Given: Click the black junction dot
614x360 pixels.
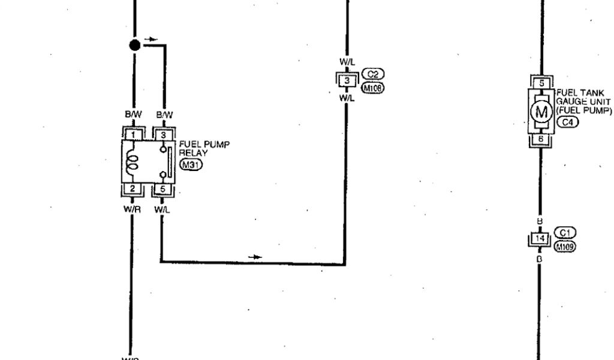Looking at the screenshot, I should pyautogui.click(x=135, y=44).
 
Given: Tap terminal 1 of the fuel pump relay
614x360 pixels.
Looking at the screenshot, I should pyautogui.click(x=134, y=135).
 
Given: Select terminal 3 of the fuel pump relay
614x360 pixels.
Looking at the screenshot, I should pyautogui.click(x=162, y=135).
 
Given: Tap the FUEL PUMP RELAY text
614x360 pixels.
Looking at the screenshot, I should pyautogui.click(x=204, y=148).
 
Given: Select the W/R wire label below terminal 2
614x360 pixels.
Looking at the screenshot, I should pyautogui.click(x=131, y=209).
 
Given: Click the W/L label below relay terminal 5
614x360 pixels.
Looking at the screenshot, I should pyautogui.click(x=161, y=209).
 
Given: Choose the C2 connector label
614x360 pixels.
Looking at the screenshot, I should pyautogui.click(x=373, y=74).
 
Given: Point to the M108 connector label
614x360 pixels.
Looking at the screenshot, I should pyautogui.click(x=373, y=88).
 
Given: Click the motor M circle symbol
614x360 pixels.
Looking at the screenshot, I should pyautogui.click(x=541, y=112).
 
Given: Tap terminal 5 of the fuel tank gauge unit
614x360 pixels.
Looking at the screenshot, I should pyautogui.click(x=541, y=83).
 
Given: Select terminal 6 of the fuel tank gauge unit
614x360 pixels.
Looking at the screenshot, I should pyautogui.click(x=541, y=139).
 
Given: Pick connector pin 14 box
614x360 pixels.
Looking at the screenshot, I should pyautogui.click(x=540, y=239).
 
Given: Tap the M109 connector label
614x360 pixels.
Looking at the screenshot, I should pyautogui.click(x=565, y=247).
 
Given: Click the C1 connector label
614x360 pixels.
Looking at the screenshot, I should pyautogui.click(x=565, y=233).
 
